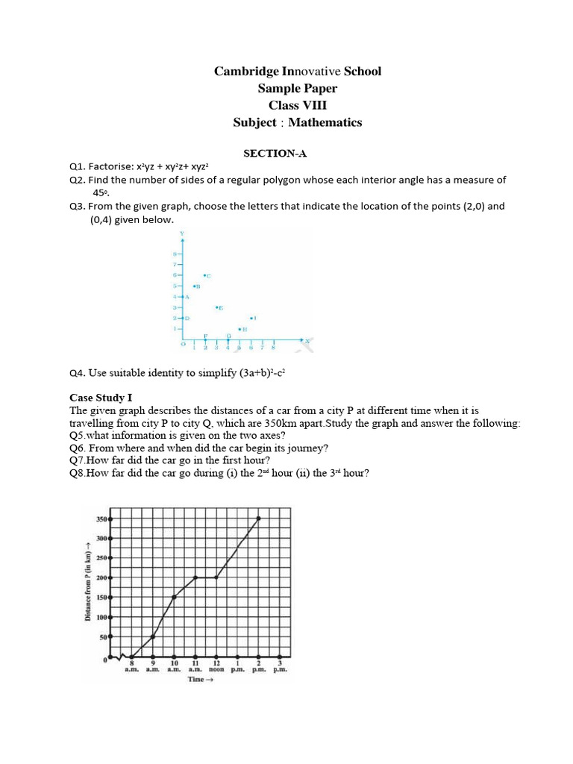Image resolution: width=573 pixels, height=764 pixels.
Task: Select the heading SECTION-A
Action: click(x=275, y=154)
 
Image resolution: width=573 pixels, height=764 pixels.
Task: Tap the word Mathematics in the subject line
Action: click(x=325, y=122)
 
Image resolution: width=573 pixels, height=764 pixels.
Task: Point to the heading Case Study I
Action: click(x=101, y=398)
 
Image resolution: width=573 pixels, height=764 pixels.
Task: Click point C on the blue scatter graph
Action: click(x=207, y=276)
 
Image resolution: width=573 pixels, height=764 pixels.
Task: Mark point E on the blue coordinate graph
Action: click(x=219, y=307)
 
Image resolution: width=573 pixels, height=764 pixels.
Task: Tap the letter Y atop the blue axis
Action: click(x=183, y=234)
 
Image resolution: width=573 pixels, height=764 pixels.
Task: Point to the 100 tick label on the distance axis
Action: click(x=101, y=618)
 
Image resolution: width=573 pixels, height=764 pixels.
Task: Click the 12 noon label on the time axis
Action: click(x=216, y=666)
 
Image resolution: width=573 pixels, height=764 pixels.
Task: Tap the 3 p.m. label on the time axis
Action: click(x=280, y=666)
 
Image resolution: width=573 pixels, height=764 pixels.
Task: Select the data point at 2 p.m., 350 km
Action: click(x=259, y=518)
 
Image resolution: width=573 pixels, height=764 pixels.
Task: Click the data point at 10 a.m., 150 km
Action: click(x=174, y=597)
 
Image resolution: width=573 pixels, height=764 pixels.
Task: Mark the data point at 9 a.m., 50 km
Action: click(x=153, y=637)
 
